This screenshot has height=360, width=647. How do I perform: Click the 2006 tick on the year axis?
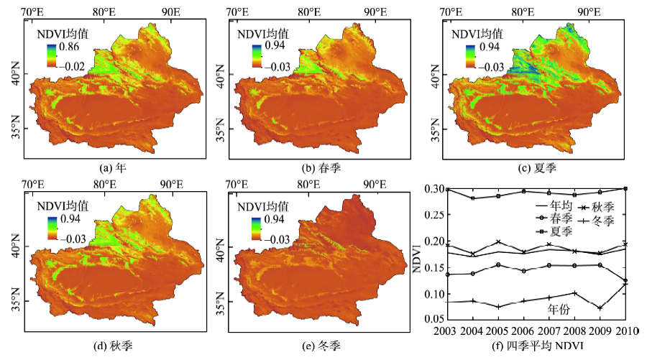[x=523, y=331]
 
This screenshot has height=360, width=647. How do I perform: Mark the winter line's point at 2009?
[x=599, y=308]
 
